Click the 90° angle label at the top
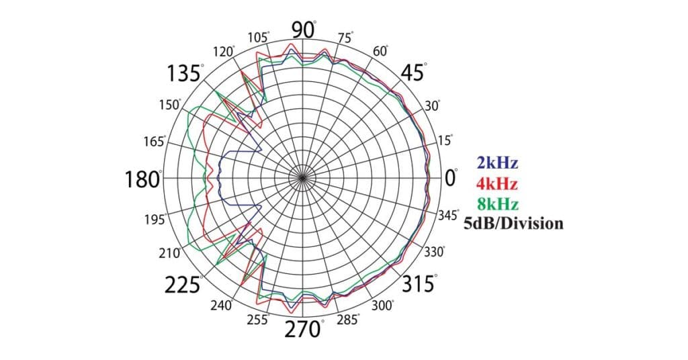pyautogui.click(x=303, y=30)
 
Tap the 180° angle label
pyautogui.click(x=142, y=180)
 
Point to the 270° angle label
pyautogui.click(x=303, y=330)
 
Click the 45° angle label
pyautogui.click(x=414, y=73)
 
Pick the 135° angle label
pyautogui.click(x=185, y=73)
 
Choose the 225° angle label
pyautogui.click(x=183, y=285)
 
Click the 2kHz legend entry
pyautogui.click(x=497, y=163)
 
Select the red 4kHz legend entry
pyautogui.click(x=497, y=183)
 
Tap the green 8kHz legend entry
pyautogui.click(x=497, y=204)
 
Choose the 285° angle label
pyautogui.click(x=348, y=320)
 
